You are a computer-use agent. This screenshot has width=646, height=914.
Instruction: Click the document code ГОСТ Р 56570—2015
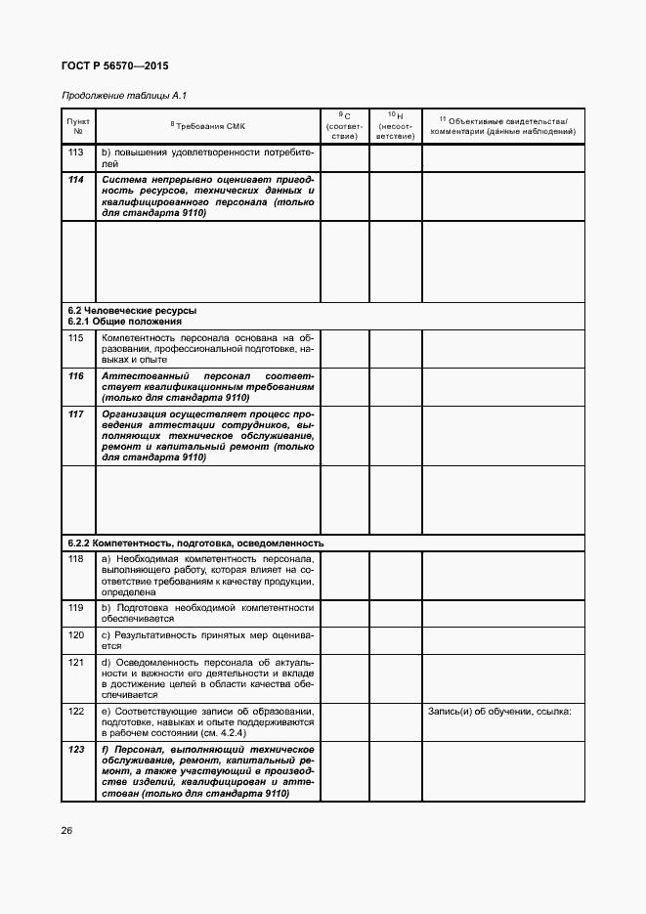pos(108,66)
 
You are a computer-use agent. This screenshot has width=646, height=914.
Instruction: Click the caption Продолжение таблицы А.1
pos(123,95)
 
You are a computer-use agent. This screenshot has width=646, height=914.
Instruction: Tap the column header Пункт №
pos(78,125)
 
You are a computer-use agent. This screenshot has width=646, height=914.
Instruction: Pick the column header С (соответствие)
pos(344,125)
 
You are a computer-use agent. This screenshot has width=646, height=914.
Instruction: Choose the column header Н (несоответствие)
pos(395,125)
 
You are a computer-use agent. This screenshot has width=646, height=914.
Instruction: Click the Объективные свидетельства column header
pos(502,125)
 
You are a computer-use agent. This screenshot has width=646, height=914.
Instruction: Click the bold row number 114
pos(76,181)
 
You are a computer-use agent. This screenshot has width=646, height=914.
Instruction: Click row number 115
pos(76,337)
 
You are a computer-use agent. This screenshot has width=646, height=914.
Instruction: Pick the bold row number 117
pos(76,414)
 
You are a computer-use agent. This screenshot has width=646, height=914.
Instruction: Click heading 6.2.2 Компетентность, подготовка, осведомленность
pos(195,542)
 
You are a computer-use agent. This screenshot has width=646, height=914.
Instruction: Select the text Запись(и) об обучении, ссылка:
pos(499,711)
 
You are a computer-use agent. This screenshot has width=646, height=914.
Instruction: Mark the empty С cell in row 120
pos(344,639)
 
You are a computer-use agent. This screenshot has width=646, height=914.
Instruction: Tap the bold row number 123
pos(76,749)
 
